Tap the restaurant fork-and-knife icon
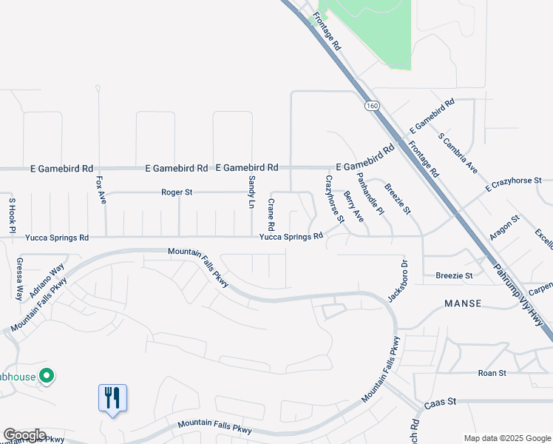(x=112, y=398)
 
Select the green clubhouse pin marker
(x=47, y=377)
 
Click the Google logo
(x=24, y=435)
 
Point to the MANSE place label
(x=463, y=304)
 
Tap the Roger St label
(x=177, y=192)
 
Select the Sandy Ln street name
(x=251, y=192)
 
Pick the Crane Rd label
(x=271, y=214)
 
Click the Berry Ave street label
(x=354, y=206)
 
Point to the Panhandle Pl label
(x=370, y=194)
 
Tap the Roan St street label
(x=492, y=374)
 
